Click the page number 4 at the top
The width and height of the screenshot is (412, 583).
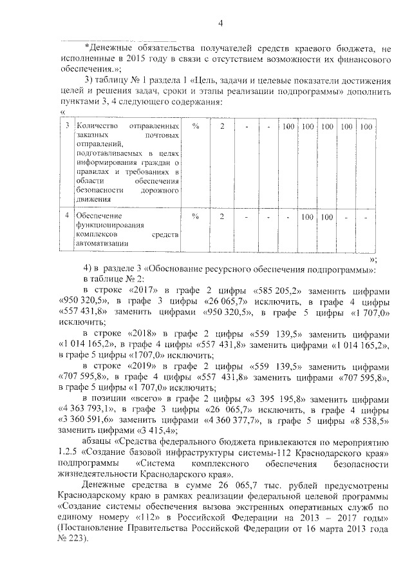[x=220, y=24]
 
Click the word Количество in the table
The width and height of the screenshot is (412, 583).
[x=93, y=126]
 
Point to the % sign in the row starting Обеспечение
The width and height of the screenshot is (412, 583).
[x=195, y=217]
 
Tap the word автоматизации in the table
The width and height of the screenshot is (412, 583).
[x=101, y=244]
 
